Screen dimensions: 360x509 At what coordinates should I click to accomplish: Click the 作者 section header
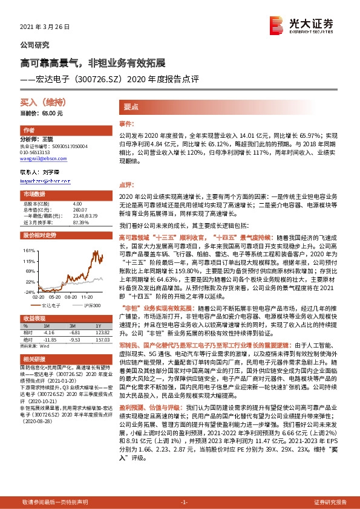point(28,131)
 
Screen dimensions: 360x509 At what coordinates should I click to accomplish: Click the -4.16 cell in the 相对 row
point(49,332)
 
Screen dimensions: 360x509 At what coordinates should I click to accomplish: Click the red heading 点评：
point(125,185)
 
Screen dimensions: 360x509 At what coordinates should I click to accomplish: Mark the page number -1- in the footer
point(184,502)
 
